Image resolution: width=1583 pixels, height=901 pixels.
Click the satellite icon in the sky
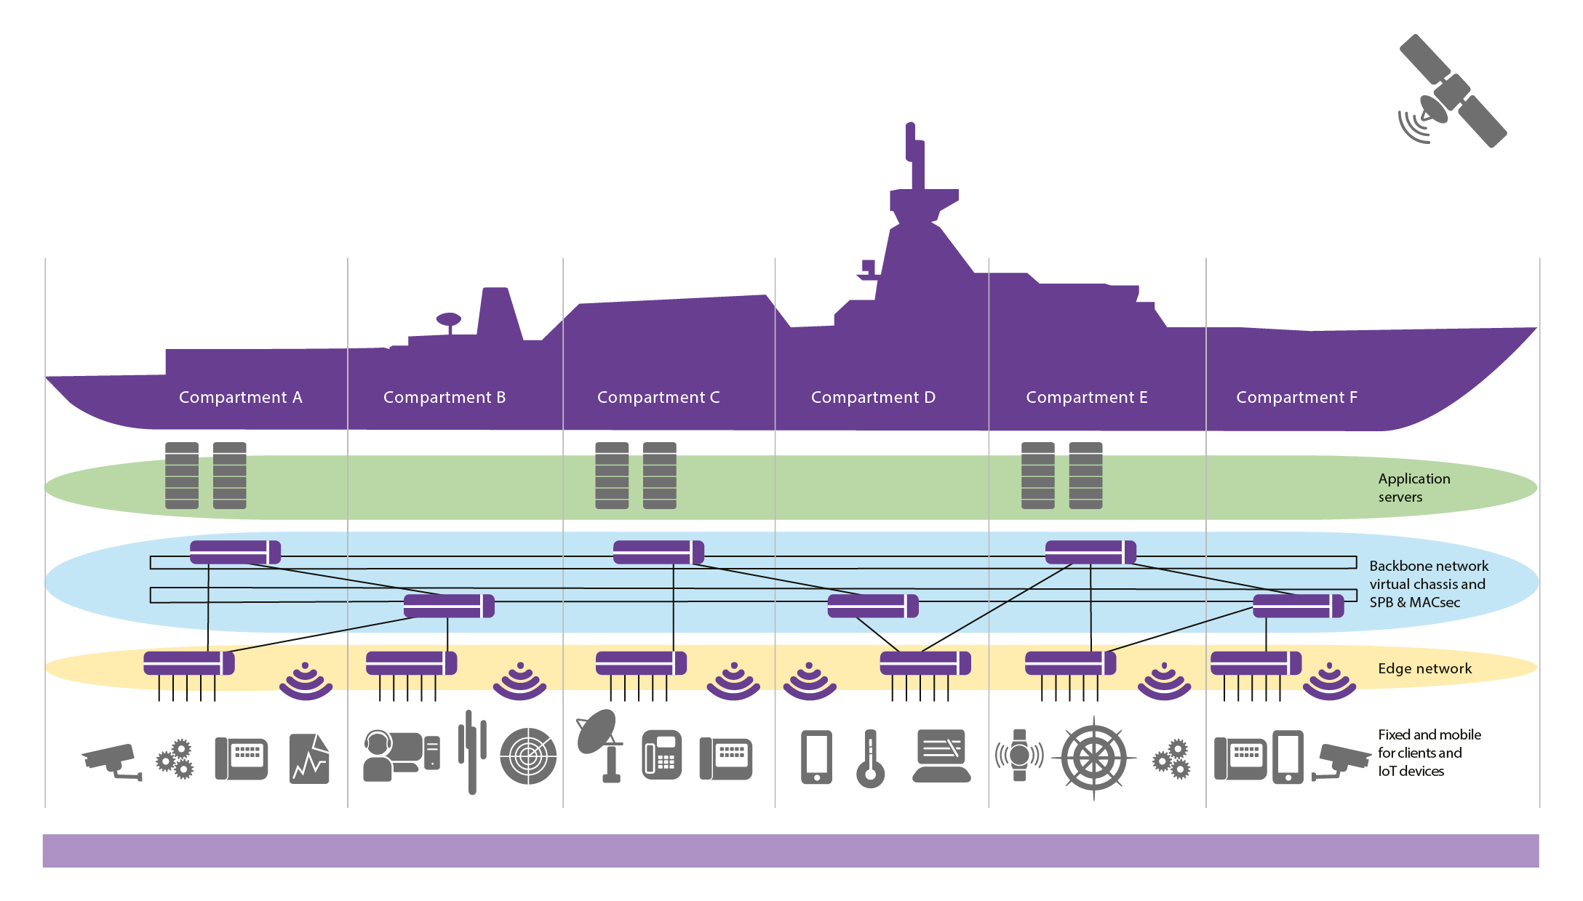coord(1452,92)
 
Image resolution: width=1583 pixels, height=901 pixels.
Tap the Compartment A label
coord(240,397)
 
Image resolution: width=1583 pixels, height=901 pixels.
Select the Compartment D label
coord(873,397)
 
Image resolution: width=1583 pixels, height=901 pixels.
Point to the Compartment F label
coord(1296,397)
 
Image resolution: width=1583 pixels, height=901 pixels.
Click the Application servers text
coord(1413,487)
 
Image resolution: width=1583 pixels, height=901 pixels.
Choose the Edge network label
coord(1424,668)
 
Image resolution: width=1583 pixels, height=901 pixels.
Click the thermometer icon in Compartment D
coord(870,758)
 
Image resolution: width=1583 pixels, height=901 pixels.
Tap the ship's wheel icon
coord(1093,758)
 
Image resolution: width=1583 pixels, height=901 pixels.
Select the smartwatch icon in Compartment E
coord(1019,756)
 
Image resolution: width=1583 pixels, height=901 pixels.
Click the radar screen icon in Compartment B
coord(528,756)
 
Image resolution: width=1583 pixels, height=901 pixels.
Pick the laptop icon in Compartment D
coord(941,756)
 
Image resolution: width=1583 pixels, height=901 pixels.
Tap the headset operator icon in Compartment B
coord(401,756)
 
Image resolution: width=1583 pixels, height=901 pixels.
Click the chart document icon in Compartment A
coord(309,758)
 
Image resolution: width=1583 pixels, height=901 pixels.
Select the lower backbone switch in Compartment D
coord(873,606)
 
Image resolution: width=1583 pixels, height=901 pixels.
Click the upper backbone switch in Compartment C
coord(658,552)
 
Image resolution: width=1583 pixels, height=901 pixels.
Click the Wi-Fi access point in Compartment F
coord(1329,681)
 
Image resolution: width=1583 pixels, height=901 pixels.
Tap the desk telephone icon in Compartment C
coord(662,755)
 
